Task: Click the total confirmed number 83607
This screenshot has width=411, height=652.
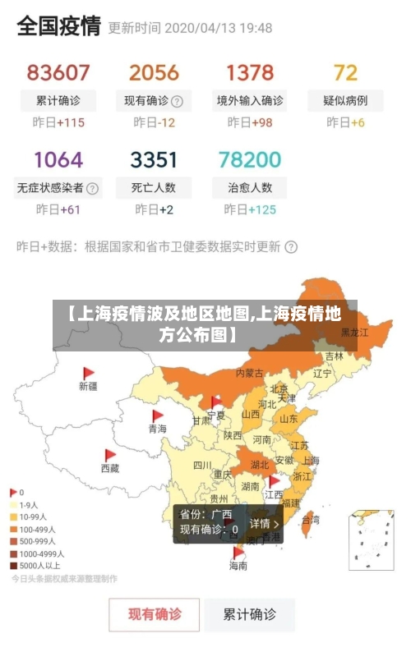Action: tap(58, 72)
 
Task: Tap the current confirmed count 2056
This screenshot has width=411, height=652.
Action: tap(154, 72)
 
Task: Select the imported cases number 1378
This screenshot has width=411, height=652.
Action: tap(250, 72)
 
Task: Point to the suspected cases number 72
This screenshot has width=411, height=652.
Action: tap(346, 72)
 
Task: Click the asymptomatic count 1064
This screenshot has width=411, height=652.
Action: tap(58, 158)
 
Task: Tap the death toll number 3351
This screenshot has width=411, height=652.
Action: tap(154, 158)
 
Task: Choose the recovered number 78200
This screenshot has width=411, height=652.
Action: tap(250, 158)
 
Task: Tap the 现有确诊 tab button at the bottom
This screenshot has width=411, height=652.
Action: tap(155, 613)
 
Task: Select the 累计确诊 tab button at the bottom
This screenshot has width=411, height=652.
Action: tap(251, 613)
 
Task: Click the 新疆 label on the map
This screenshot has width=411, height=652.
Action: tap(88, 386)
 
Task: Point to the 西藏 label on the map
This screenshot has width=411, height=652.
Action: tap(110, 468)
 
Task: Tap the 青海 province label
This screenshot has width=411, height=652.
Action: tap(157, 429)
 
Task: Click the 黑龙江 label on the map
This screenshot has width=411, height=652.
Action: tap(354, 333)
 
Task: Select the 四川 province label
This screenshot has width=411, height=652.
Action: tap(202, 465)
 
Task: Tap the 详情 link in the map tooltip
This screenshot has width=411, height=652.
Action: tap(264, 523)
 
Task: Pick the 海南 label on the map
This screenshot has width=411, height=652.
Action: tap(238, 566)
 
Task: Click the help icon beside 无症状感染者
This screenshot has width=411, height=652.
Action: tap(92, 188)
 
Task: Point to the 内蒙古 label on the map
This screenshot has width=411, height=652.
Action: tap(250, 373)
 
